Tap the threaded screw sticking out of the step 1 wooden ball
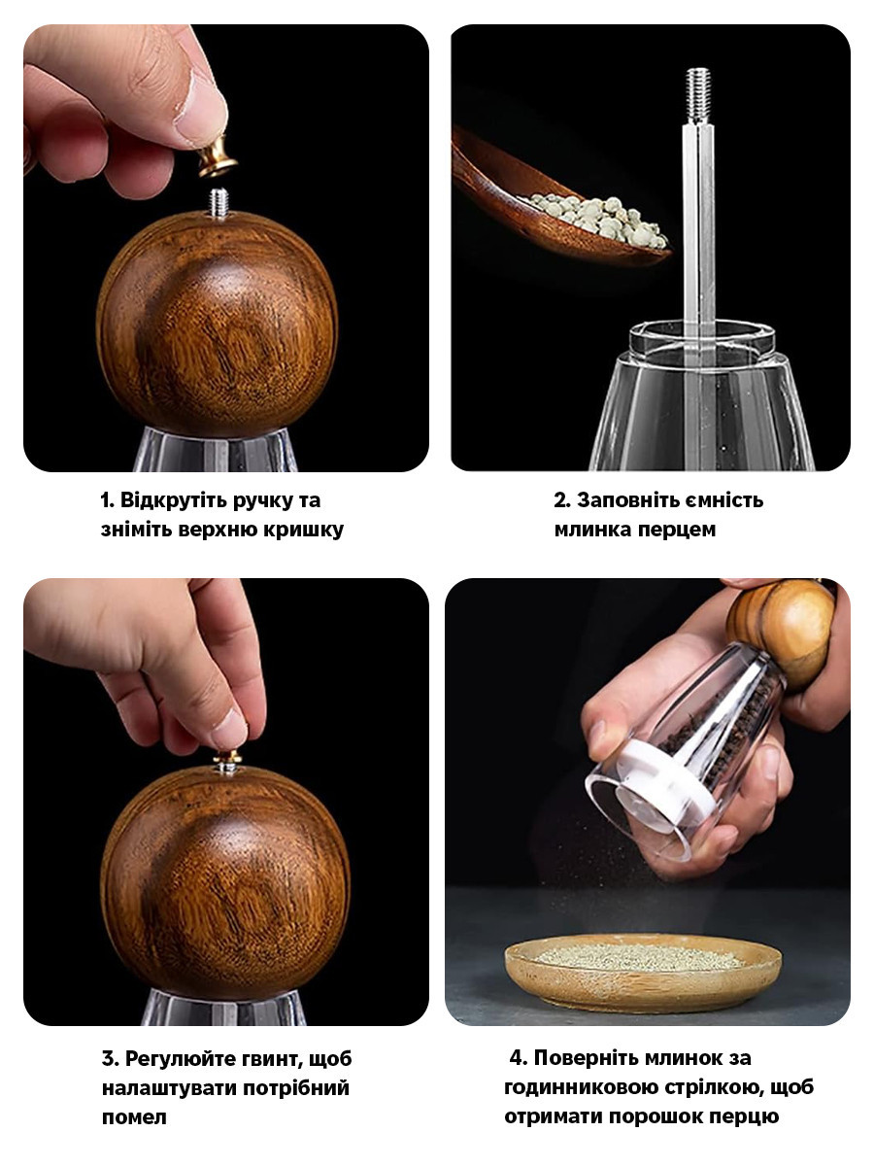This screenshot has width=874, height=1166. [x=218, y=203]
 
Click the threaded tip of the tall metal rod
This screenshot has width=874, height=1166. [x=698, y=95]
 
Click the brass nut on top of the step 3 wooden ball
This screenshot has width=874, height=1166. [x=227, y=762]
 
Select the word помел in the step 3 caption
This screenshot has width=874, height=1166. [x=134, y=1117]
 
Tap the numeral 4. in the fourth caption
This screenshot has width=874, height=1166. [x=518, y=1057]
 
